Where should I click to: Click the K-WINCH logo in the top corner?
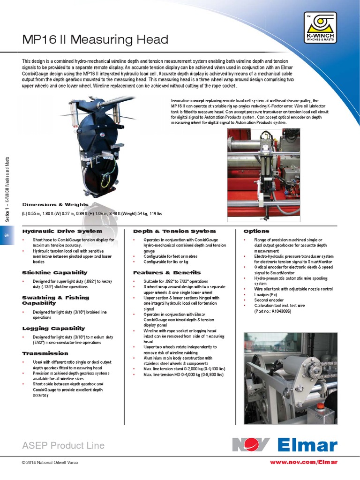coord(320,28)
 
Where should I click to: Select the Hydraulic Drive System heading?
coord(62,231)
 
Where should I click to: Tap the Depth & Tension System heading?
coord(174,231)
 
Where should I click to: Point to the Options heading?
coord(256,231)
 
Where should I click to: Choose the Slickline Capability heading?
coord(55,272)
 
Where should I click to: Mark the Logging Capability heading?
coord(53,328)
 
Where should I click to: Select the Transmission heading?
coord(45,353)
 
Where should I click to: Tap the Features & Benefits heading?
coord(167,272)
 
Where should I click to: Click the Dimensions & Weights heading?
coord(55,205)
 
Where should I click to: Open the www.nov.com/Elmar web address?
coord(303,462)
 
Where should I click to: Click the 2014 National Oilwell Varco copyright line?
coord(50,463)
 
